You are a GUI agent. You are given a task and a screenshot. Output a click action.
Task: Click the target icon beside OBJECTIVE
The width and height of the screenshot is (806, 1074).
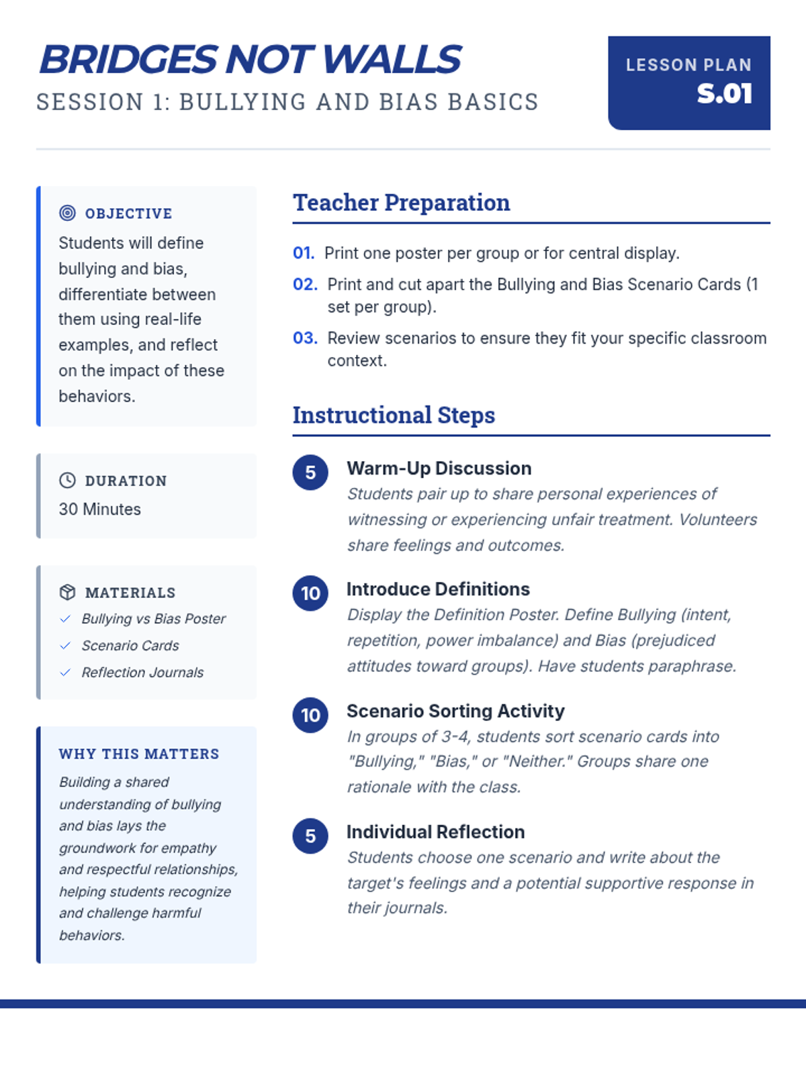point(67,213)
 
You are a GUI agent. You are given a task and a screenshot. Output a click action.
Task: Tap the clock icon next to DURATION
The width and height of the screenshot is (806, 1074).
point(67,480)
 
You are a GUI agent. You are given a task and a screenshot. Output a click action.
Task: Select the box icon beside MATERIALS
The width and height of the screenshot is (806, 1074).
point(67,592)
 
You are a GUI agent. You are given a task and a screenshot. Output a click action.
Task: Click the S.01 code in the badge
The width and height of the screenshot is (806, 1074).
point(724,94)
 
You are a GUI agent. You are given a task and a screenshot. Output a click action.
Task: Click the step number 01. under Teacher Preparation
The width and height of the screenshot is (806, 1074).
point(304,253)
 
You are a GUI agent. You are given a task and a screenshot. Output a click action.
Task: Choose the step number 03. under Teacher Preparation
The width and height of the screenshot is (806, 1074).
point(305,338)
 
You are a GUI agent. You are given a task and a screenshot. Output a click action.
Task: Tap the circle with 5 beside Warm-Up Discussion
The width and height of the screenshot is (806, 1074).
point(310,472)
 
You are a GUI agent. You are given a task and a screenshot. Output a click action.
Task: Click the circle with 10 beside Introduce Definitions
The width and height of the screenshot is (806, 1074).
point(310,593)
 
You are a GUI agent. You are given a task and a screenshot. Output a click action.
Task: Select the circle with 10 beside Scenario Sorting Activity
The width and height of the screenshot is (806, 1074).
point(310,715)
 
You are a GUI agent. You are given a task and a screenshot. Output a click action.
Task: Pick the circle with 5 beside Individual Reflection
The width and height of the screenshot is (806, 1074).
point(310,836)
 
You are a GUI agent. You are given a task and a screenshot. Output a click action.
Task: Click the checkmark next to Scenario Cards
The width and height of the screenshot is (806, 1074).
point(65,646)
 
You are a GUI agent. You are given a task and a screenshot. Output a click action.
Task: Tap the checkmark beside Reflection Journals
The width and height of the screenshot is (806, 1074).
point(65,673)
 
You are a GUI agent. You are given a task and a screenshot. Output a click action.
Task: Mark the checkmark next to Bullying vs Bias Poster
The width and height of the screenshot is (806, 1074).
point(65,619)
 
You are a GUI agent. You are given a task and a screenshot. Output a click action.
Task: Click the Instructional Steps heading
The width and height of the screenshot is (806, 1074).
point(394,415)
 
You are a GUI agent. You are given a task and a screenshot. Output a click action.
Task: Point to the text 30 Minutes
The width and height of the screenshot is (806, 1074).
point(99,509)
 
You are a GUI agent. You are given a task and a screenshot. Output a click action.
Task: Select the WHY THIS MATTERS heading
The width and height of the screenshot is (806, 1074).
point(139,754)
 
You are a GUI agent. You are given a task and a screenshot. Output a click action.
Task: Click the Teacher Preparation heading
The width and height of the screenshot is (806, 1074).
point(401,202)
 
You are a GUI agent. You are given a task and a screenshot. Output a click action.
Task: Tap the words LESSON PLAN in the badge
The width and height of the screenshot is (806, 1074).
point(688,65)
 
